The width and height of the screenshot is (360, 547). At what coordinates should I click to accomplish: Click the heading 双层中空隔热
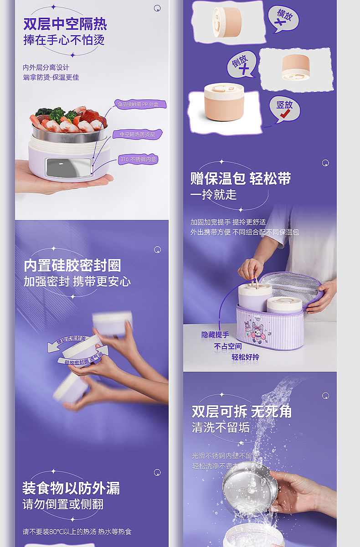(x=65, y=24)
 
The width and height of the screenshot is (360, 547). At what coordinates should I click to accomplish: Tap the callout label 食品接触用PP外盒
(x=140, y=104)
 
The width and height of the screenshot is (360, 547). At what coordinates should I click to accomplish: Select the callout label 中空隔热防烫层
(x=137, y=134)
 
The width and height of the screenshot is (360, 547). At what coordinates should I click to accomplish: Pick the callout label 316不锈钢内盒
(x=138, y=160)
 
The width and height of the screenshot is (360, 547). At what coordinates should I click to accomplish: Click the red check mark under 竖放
(x=286, y=116)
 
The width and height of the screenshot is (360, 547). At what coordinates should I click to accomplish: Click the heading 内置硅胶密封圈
(x=72, y=265)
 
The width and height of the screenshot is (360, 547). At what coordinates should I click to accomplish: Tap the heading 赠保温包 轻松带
(x=241, y=178)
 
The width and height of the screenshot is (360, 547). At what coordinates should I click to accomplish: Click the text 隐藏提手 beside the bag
(x=215, y=335)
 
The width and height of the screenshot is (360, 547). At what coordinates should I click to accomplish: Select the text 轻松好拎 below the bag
(x=245, y=357)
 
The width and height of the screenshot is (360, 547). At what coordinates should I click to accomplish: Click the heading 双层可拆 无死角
(x=242, y=412)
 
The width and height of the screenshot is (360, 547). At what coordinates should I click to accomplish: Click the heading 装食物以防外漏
(x=71, y=488)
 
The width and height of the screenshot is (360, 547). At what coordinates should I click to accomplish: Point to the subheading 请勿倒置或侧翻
(x=63, y=504)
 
